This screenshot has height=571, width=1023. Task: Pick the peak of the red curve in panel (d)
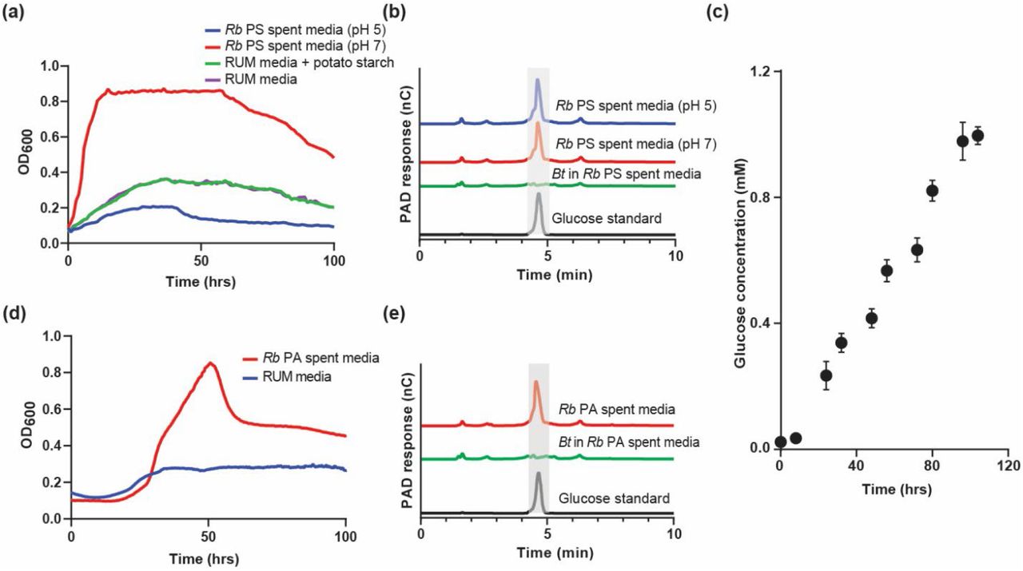pos(210,363)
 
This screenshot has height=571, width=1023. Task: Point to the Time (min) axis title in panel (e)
pos(547,553)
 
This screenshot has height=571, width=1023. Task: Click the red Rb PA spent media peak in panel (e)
pos(536,383)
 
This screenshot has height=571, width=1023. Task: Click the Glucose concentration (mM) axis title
pos(740,259)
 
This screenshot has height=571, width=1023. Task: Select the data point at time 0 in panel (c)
pos(781,442)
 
